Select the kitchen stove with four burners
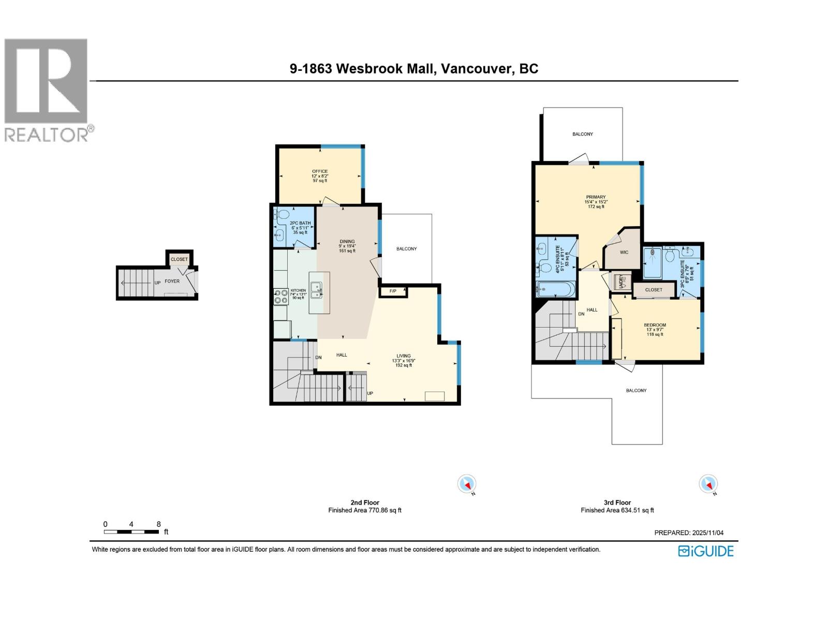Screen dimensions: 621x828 click(281, 297)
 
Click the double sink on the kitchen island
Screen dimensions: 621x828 click(316, 290)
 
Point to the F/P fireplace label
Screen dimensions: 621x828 click(393, 291)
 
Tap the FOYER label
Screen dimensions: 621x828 click(172, 281)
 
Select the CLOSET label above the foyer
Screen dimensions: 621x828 click(179, 259)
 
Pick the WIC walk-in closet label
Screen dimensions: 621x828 click(624, 252)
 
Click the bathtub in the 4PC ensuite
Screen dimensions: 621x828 click(556, 290)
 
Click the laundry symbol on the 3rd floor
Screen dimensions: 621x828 click(620, 281)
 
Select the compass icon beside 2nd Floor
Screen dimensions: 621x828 click(467, 484)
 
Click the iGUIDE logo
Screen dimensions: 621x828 click(705, 551)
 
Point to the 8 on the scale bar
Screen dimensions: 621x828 click(158, 524)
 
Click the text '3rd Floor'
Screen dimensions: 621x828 click(617, 502)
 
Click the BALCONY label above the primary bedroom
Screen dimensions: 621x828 click(582, 134)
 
